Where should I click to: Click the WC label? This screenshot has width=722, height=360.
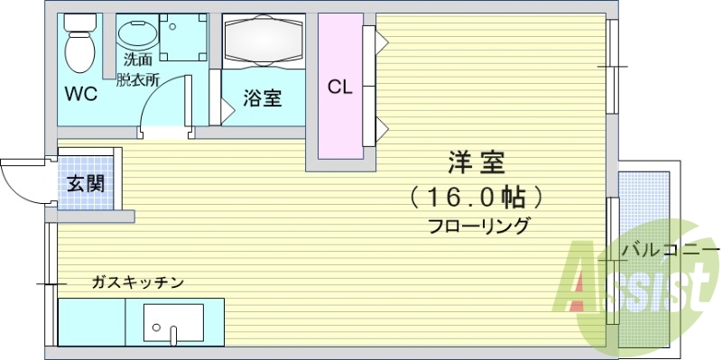(79, 93)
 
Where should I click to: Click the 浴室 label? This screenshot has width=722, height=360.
(263, 98)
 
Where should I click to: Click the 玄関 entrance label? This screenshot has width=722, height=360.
(87, 184)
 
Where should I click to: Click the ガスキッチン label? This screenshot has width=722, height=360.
(138, 282)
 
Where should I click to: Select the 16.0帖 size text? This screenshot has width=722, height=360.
(475, 195)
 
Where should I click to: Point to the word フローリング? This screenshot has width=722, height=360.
(479, 226)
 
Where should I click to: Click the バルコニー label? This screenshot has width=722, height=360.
(670, 249)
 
